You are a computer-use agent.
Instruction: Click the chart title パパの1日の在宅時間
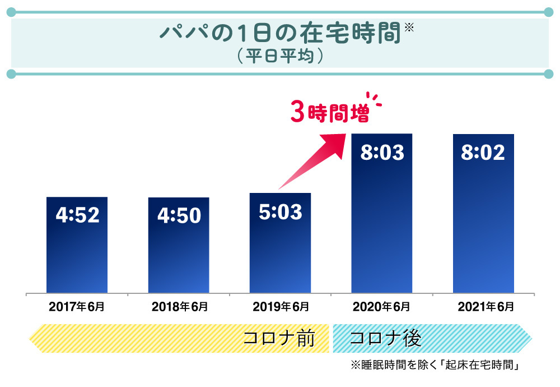coord(280,33)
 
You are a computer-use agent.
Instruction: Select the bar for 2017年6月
coord(77,252)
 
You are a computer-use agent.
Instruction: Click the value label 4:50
coord(179,216)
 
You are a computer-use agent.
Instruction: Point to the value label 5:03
coord(280,212)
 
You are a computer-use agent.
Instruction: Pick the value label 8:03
coord(382,153)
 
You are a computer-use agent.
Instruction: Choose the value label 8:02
coord(483,153)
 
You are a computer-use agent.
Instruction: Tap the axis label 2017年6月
coord(77,307)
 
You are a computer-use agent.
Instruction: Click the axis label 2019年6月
coord(281,307)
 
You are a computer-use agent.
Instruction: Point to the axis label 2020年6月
coord(381,307)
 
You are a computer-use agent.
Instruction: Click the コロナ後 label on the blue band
coord(385,339)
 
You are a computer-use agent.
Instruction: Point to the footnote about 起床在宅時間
coord(436,365)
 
